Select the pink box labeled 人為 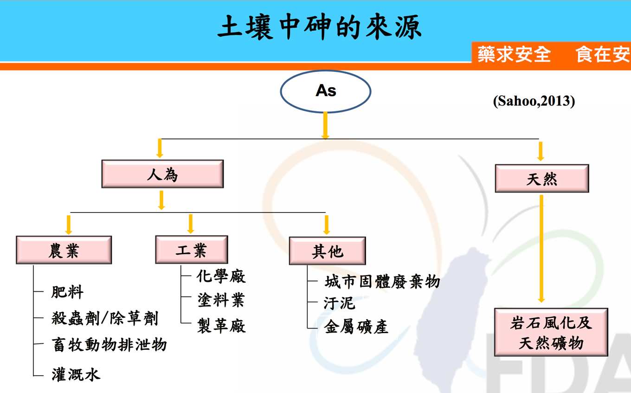(x=162, y=174)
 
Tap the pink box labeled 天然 (x=542, y=178)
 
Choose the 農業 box (x=64, y=250)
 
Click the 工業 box (x=192, y=250)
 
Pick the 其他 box (x=328, y=251)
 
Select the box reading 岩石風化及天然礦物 (x=551, y=332)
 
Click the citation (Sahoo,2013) (x=534, y=101)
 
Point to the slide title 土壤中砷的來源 (x=319, y=27)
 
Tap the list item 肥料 (x=67, y=292)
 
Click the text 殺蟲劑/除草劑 (x=105, y=318)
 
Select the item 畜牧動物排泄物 (x=109, y=344)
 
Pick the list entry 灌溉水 (x=76, y=374)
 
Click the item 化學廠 (x=221, y=276)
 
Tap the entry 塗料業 (x=221, y=300)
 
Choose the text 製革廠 (x=221, y=326)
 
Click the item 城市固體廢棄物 (x=382, y=282)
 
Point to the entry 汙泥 (x=340, y=303)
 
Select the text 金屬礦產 (x=356, y=327)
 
